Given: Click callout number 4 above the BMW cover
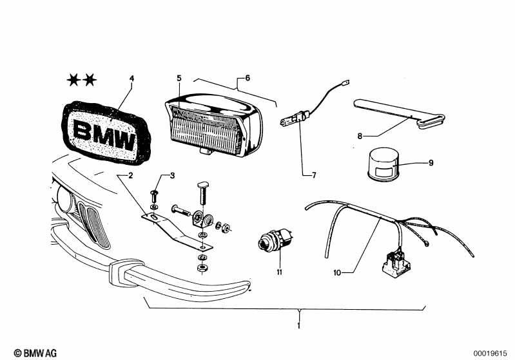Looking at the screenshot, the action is point(131,79).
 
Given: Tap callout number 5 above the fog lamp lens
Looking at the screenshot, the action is point(179,78).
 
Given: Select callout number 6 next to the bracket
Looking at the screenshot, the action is point(248,78).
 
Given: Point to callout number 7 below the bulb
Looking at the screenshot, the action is point(314,175).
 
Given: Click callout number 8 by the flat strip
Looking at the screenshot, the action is point(360,136).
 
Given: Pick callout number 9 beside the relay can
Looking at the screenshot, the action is point(431,163).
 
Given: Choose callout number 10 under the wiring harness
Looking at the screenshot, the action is point(337,272).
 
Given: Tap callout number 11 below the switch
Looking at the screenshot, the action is point(279,272).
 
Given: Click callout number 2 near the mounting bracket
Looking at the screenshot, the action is point(131,176).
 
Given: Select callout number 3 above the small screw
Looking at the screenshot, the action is point(173,176).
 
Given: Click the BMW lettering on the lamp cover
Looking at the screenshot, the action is point(104,133).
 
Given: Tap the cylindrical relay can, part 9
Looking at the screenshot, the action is point(383,164).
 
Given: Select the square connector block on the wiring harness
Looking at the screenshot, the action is point(396,262).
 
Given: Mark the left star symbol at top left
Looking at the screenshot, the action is point(73,80).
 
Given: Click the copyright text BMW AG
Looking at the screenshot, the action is point(35,353).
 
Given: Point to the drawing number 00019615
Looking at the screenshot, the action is point(490,354).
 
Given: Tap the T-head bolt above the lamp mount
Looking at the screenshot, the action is point(203,193).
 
